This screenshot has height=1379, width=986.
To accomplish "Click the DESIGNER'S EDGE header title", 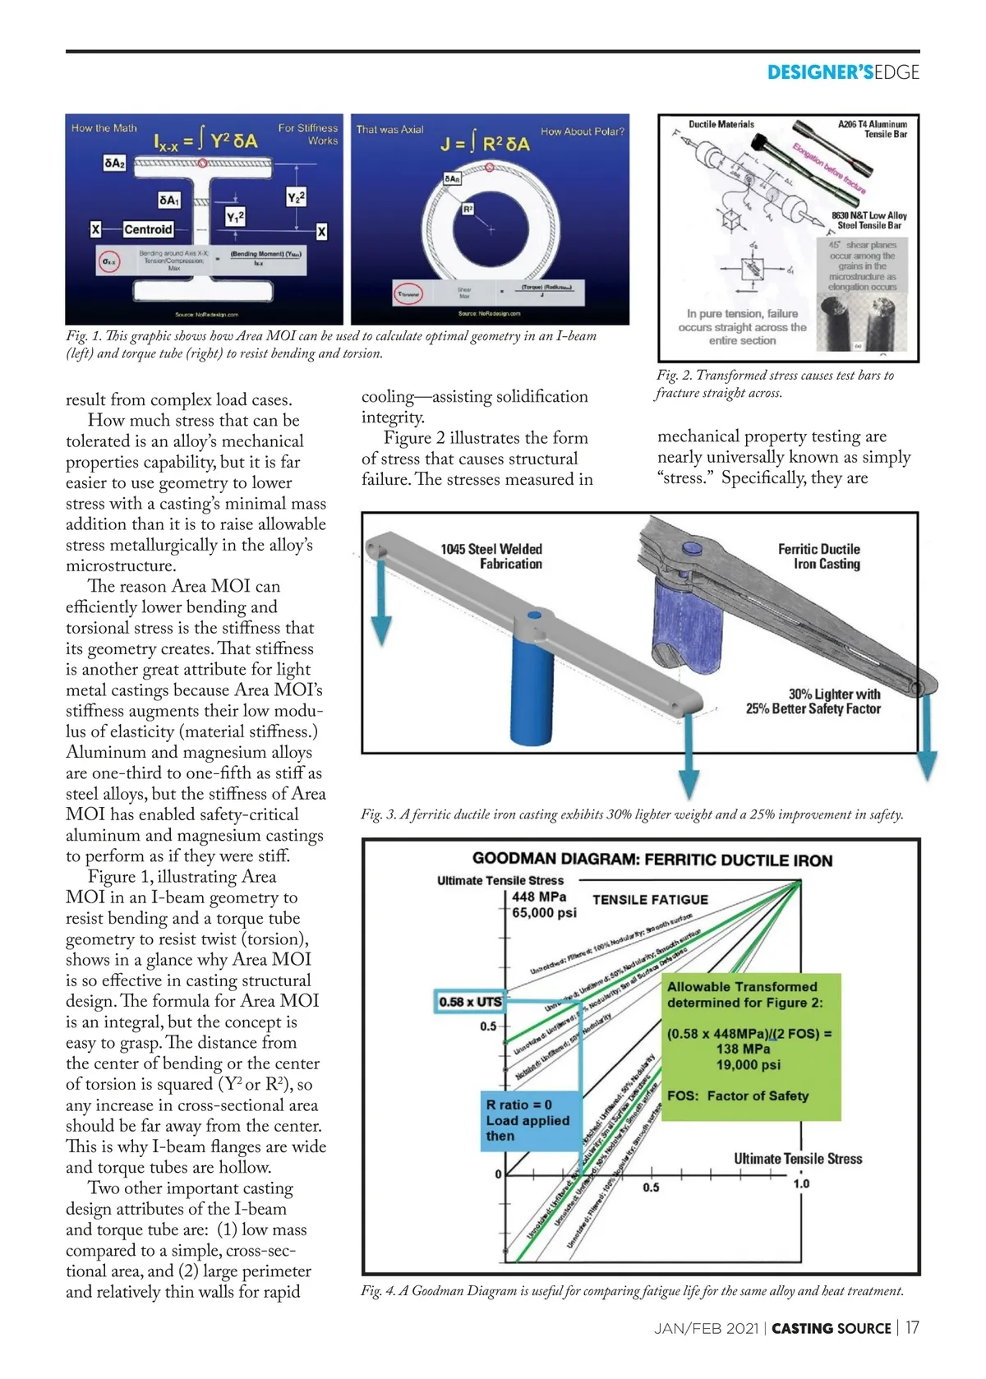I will (843, 72).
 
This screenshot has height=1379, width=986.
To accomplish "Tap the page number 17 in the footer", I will (912, 1327).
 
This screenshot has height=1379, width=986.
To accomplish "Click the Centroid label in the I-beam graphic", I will (148, 229).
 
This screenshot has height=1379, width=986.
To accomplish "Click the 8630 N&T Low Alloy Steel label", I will (869, 220).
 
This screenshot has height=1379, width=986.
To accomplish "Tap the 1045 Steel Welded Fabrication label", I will (491, 556).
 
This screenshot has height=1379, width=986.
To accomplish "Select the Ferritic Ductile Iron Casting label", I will (819, 556).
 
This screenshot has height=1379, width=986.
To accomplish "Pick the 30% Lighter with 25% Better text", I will (813, 701).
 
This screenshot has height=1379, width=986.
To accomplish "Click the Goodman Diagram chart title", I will (652, 860).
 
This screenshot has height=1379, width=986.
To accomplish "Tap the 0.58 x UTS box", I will (469, 1002).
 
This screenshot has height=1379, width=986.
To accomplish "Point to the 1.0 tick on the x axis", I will (801, 1183).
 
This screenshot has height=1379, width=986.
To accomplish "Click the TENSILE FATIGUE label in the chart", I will (650, 900).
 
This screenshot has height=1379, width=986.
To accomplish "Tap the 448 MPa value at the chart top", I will (539, 896).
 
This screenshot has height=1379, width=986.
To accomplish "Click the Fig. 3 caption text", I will (632, 814).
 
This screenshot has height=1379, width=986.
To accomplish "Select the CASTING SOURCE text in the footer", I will (832, 1328).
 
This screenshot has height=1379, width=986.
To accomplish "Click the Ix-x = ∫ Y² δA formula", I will (205, 141).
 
